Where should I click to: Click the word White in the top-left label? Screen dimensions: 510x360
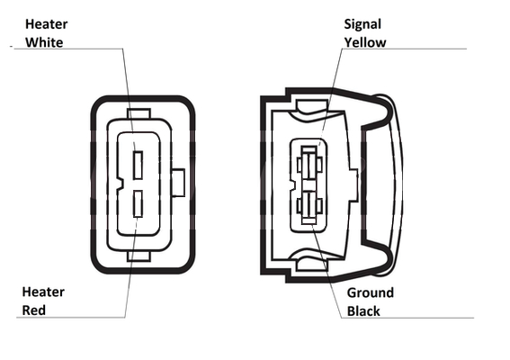point(44,42)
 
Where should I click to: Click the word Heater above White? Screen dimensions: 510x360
point(47,24)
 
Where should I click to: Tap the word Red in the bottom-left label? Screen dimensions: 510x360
point(34,310)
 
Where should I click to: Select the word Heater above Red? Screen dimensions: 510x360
point(43,292)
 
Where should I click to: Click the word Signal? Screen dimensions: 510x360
point(362,24)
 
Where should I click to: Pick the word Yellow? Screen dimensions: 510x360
point(365,42)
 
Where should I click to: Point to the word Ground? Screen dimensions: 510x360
point(371,292)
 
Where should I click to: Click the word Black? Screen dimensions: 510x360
point(363,311)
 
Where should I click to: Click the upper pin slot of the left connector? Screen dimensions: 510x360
point(139,165)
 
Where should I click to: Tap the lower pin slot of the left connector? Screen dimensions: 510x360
point(139,203)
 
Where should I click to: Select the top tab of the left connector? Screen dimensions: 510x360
point(139,113)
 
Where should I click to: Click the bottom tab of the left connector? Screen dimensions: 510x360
point(139,256)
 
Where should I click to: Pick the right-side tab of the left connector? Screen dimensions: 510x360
point(178,183)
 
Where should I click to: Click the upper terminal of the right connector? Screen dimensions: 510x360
point(309,164)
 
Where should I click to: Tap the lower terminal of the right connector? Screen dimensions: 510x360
point(309,206)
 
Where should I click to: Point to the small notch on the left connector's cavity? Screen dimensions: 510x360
point(120,184)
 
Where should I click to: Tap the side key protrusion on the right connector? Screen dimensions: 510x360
point(353,184)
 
